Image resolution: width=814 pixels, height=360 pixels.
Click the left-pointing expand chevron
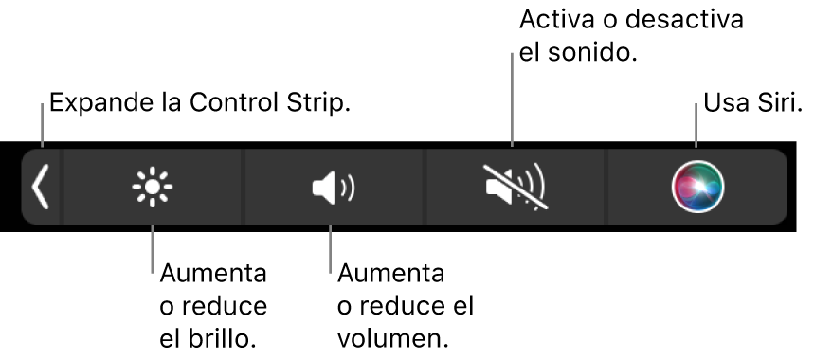[40, 186]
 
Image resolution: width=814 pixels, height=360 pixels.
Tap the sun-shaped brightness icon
[152, 187]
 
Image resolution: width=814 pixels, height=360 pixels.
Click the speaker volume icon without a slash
[333, 187]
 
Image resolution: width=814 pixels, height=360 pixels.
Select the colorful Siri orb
[697, 187]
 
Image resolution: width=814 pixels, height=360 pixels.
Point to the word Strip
[319, 101]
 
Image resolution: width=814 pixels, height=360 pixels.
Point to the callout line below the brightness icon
[152, 246]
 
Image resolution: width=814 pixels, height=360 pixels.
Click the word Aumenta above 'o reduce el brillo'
[213, 276]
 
